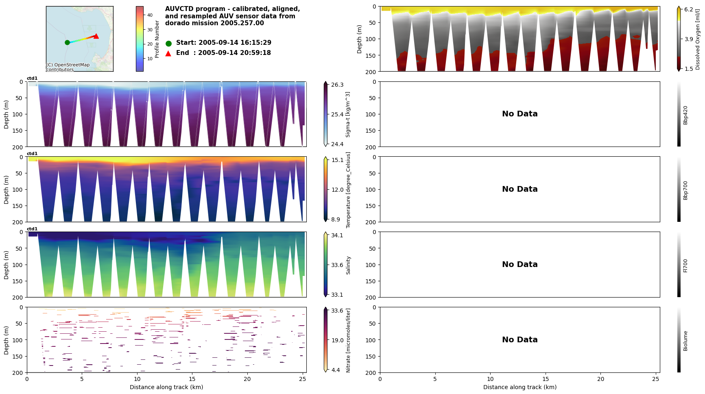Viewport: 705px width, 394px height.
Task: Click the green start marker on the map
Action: click(67, 42)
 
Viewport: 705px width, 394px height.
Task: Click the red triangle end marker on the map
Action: click(96, 36)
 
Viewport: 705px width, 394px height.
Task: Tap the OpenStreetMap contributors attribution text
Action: click(68, 67)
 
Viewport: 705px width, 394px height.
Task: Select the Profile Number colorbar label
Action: click(157, 39)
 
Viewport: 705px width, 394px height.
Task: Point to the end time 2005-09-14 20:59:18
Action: click(234, 53)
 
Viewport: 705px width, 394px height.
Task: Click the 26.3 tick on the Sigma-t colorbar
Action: click(337, 85)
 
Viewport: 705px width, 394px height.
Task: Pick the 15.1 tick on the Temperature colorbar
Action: click(337, 160)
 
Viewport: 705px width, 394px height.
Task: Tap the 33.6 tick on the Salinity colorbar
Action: click(337, 265)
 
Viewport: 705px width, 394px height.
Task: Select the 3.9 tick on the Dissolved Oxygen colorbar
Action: click(688, 39)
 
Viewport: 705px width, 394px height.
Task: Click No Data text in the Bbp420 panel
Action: click(519, 114)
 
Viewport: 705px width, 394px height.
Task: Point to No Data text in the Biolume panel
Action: click(519, 340)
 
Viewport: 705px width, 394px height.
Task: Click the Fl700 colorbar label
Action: click(685, 265)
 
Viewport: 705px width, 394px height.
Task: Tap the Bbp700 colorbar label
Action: click(685, 190)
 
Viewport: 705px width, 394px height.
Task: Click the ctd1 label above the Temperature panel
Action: click(32, 154)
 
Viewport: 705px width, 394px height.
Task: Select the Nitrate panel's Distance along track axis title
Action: click(166, 387)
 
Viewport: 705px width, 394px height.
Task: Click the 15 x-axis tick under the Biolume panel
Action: click(546, 379)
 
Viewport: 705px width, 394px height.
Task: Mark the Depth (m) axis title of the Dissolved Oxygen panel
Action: click(360, 39)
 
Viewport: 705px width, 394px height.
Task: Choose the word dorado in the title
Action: click(176, 23)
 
